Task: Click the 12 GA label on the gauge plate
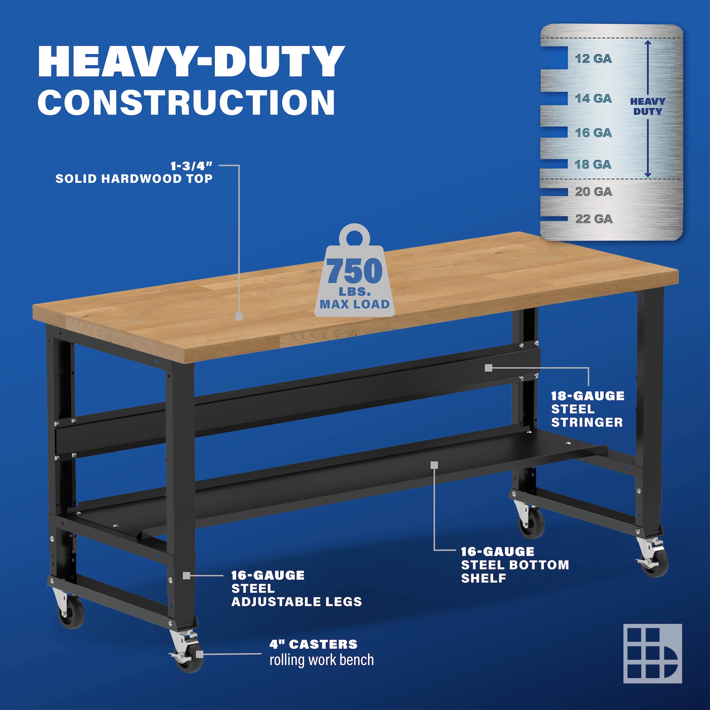point(593,59)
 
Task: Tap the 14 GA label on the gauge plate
point(593,98)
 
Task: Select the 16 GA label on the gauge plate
point(593,133)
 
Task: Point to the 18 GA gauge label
point(593,164)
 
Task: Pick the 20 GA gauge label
point(594,191)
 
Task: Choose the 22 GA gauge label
point(594,219)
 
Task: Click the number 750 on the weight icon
point(355,271)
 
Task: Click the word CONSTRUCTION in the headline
point(186,102)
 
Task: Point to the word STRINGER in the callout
point(587,422)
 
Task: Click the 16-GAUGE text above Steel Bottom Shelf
point(498,552)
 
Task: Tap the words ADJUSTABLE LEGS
point(296,602)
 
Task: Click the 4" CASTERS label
point(313,644)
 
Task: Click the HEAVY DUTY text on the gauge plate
point(648,106)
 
